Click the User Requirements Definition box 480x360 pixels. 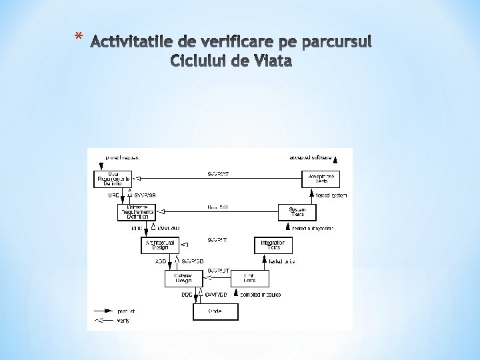click(x=113, y=179)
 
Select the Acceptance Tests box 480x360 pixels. click(x=321, y=179)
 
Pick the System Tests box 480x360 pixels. click(x=297, y=212)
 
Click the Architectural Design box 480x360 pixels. click(x=161, y=245)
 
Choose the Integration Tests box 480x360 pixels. click(x=273, y=245)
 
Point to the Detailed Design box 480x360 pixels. click(x=183, y=278)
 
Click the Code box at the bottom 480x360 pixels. click(x=215, y=311)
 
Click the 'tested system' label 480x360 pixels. click(x=330, y=195)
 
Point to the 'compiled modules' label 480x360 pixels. click(x=261, y=294)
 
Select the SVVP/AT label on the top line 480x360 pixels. click(x=219, y=174)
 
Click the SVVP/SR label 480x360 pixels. click(x=145, y=195)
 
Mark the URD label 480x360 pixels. click(x=113, y=195)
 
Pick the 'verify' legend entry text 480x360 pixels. click(x=123, y=321)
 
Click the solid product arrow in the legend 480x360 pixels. click(x=103, y=311)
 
